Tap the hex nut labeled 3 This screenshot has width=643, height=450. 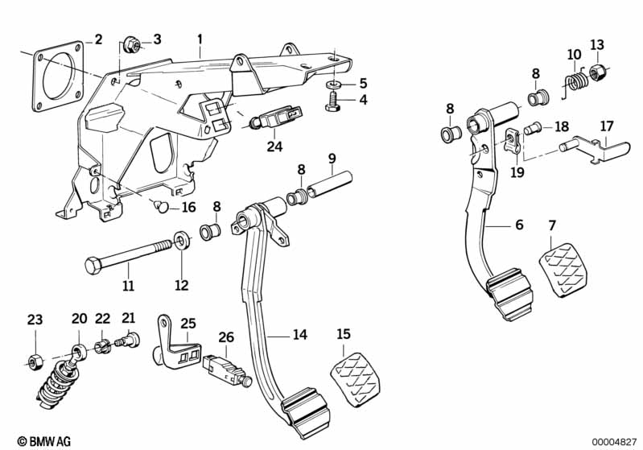[x=133, y=43]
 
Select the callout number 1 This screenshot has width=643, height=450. [x=200, y=39]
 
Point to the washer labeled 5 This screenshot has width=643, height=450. [x=335, y=85]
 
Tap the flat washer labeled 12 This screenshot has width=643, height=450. [x=182, y=241]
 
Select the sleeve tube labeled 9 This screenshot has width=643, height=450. [x=330, y=184]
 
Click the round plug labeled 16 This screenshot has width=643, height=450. [x=161, y=206]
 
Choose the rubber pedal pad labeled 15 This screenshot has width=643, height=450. [x=355, y=378]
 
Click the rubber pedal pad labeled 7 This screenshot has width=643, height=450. [x=564, y=269]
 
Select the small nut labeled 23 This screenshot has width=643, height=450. [x=35, y=360]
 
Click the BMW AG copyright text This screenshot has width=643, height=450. [x=44, y=441]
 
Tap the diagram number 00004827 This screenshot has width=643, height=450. [x=614, y=442]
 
